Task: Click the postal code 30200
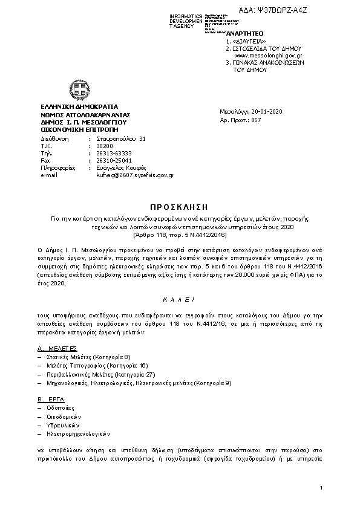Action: tap(105, 146)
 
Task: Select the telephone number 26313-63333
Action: tap(114, 153)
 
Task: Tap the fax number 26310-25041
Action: tap(113, 160)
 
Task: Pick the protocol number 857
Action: tap(256, 120)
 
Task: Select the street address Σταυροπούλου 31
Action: tap(121, 138)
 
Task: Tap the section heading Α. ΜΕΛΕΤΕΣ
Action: tap(57, 349)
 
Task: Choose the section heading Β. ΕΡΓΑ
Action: tap(51, 400)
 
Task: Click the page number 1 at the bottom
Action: tap(321, 487)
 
